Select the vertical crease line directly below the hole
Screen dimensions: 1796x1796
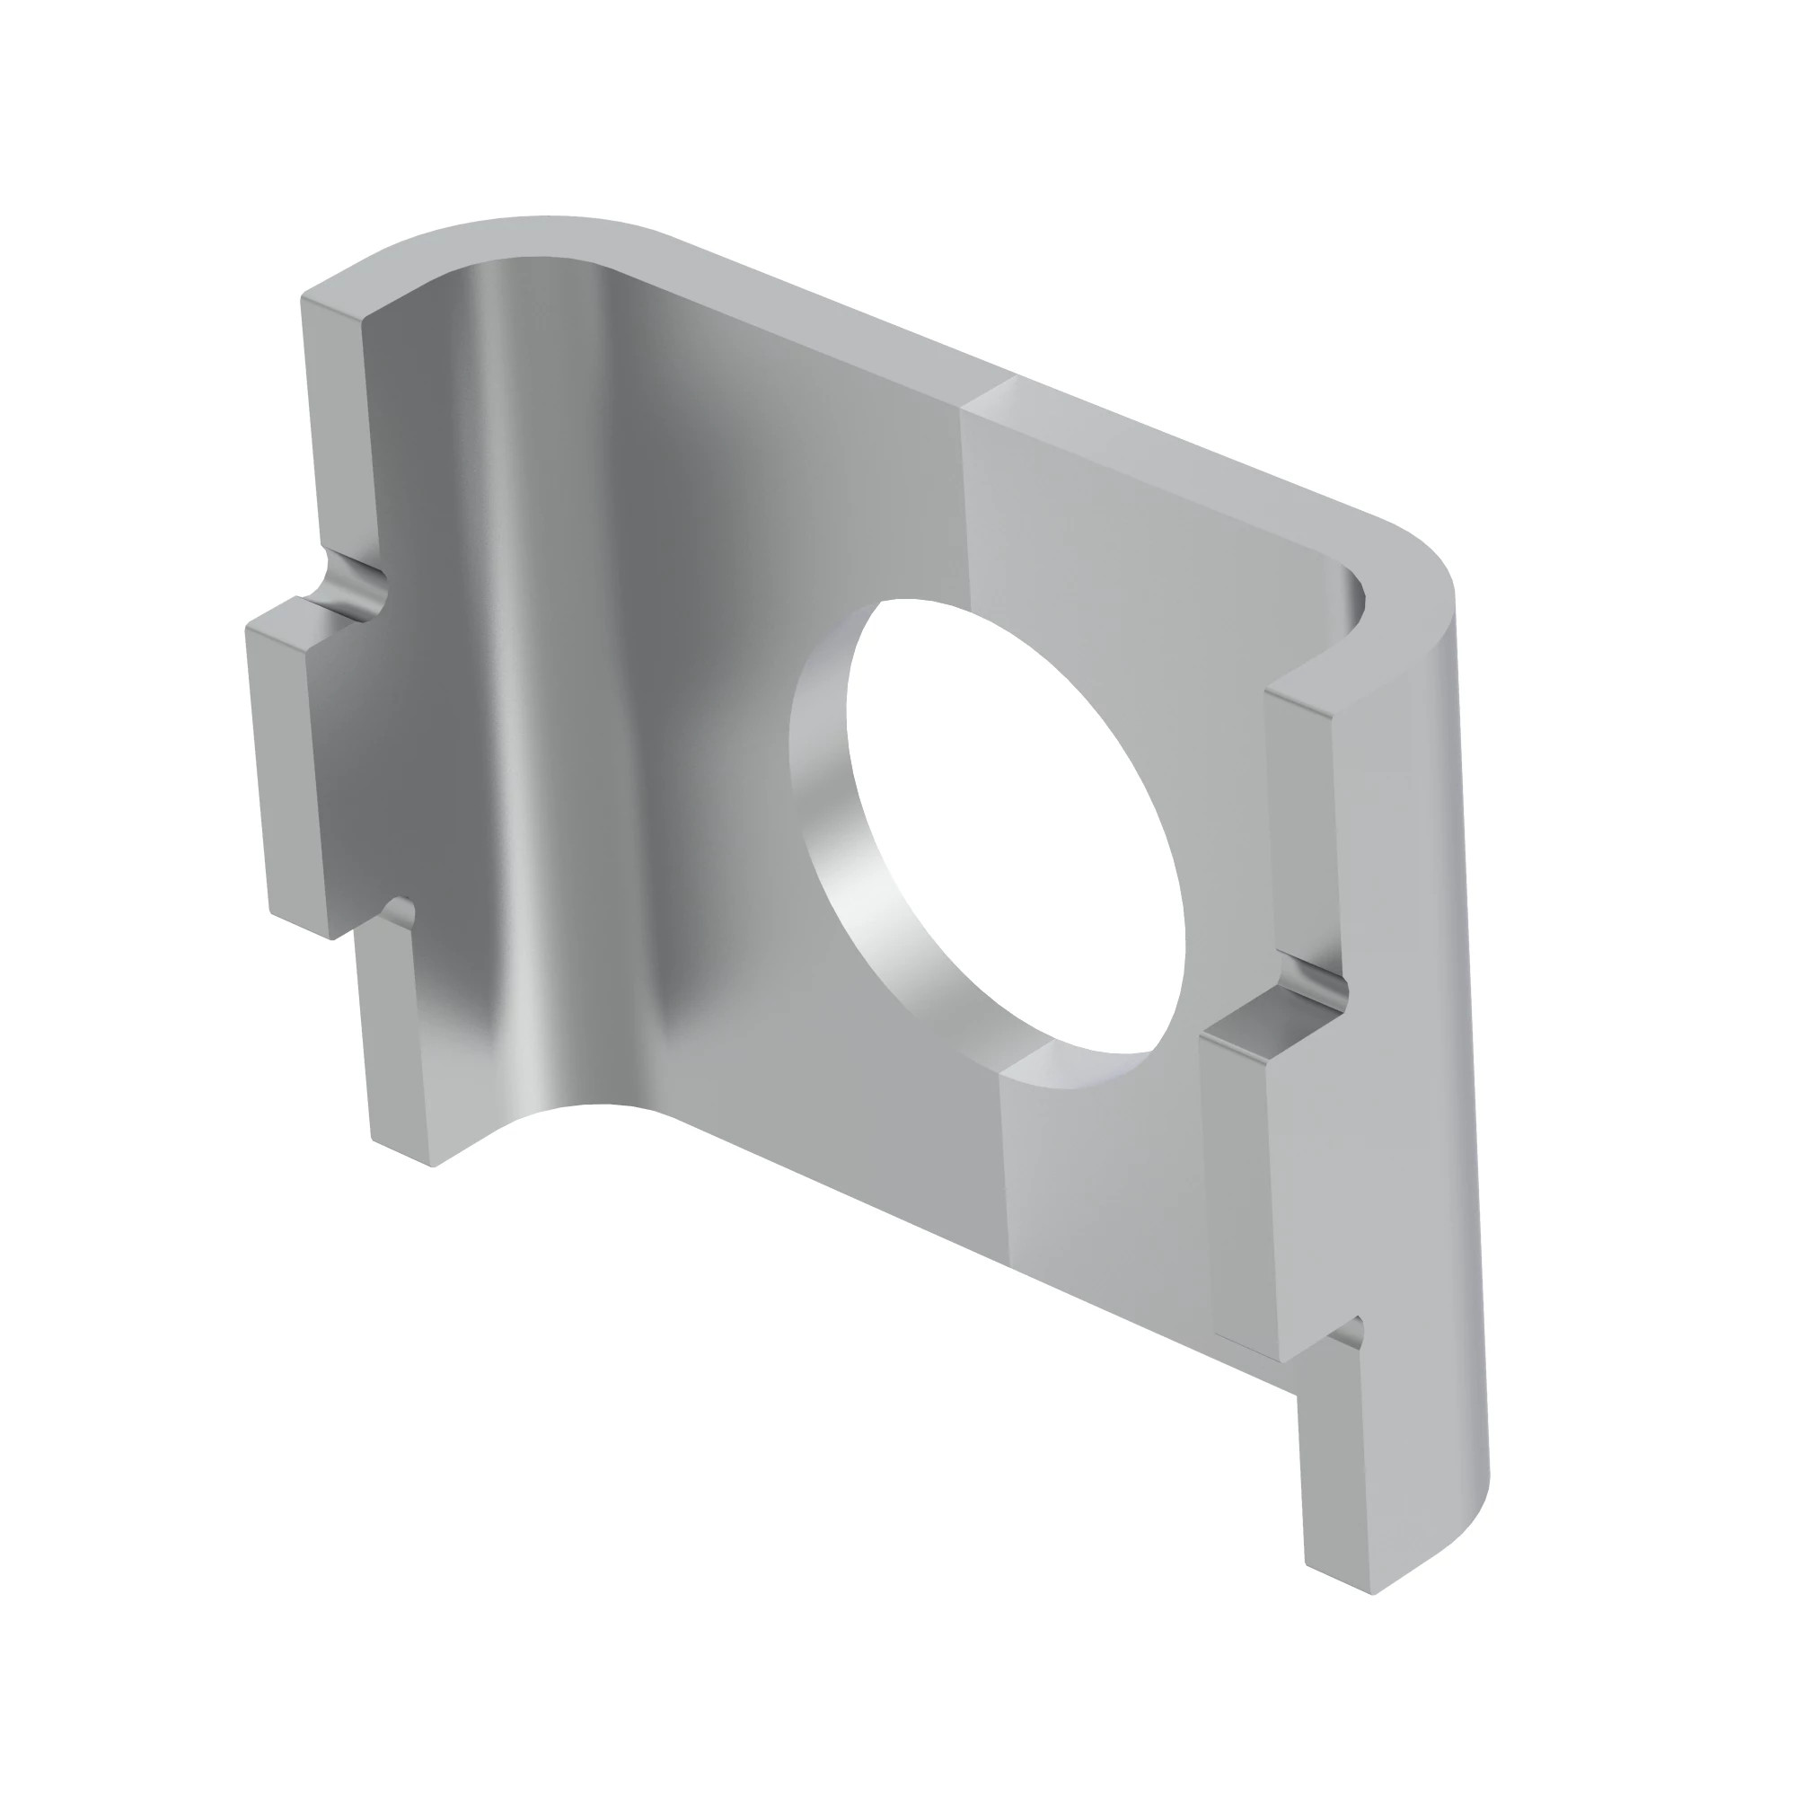coord(1004,1162)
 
